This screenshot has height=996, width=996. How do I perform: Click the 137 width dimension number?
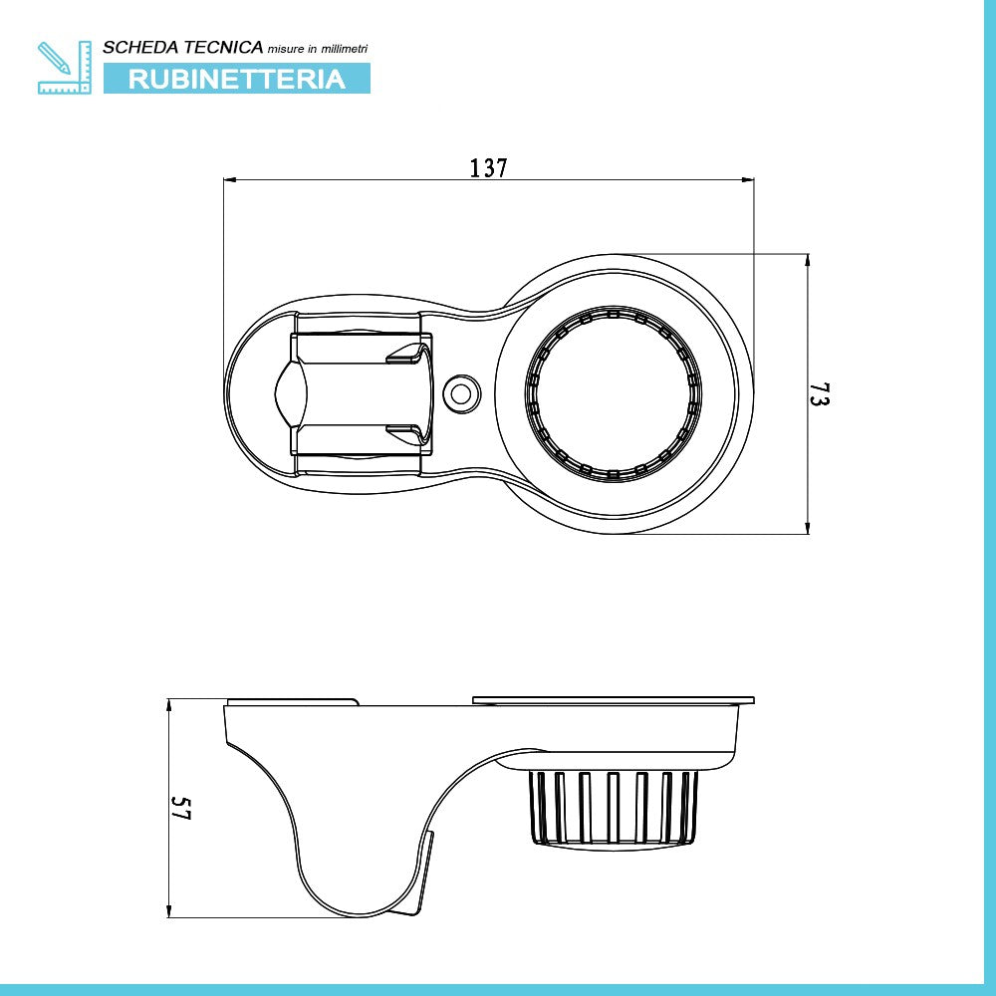[x=488, y=168]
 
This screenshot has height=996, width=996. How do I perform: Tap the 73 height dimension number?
[x=819, y=393]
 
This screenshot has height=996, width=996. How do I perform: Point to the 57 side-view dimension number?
[x=180, y=808]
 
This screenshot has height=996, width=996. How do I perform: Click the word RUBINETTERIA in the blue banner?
[x=236, y=79]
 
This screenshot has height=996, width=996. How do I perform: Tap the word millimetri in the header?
[x=344, y=49]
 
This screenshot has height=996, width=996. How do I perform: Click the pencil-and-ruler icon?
[x=64, y=68]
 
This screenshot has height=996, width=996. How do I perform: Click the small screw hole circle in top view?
[x=461, y=393]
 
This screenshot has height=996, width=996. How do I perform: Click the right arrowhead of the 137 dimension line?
[x=748, y=179]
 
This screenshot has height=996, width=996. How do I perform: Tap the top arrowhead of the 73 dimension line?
[x=808, y=260]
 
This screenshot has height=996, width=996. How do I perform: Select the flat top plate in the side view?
[x=613, y=700]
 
